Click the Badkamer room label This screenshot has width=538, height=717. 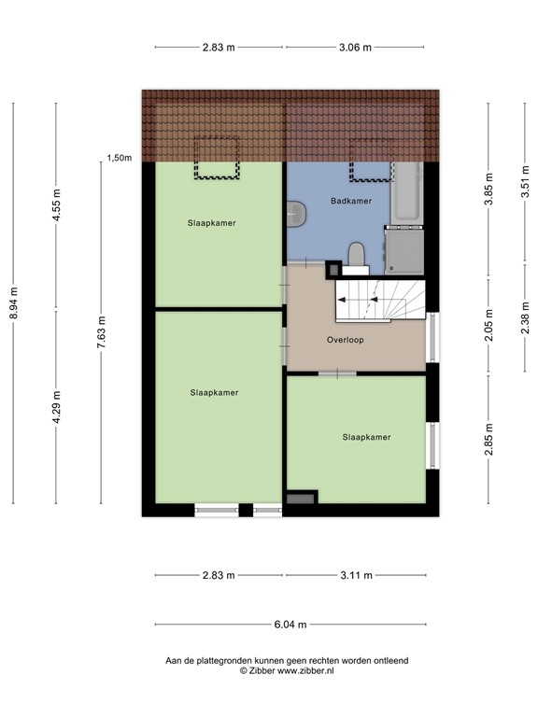point(351,201)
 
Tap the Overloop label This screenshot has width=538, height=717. point(345,340)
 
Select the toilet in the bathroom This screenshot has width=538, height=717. point(355,254)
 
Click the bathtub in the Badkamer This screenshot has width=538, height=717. point(407,194)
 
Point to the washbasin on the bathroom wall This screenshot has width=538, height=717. point(295,214)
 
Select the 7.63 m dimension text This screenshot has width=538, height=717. point(101,332)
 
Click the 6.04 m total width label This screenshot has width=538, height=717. point(286,625)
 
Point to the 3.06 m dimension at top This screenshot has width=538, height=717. point(354,46)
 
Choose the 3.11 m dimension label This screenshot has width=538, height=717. point(356,575)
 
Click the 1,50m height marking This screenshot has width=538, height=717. point(120,159)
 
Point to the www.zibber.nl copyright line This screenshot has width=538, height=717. point(287,670)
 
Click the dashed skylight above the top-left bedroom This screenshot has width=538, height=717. point(217,158)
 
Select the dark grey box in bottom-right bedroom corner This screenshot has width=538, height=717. point(302,499)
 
